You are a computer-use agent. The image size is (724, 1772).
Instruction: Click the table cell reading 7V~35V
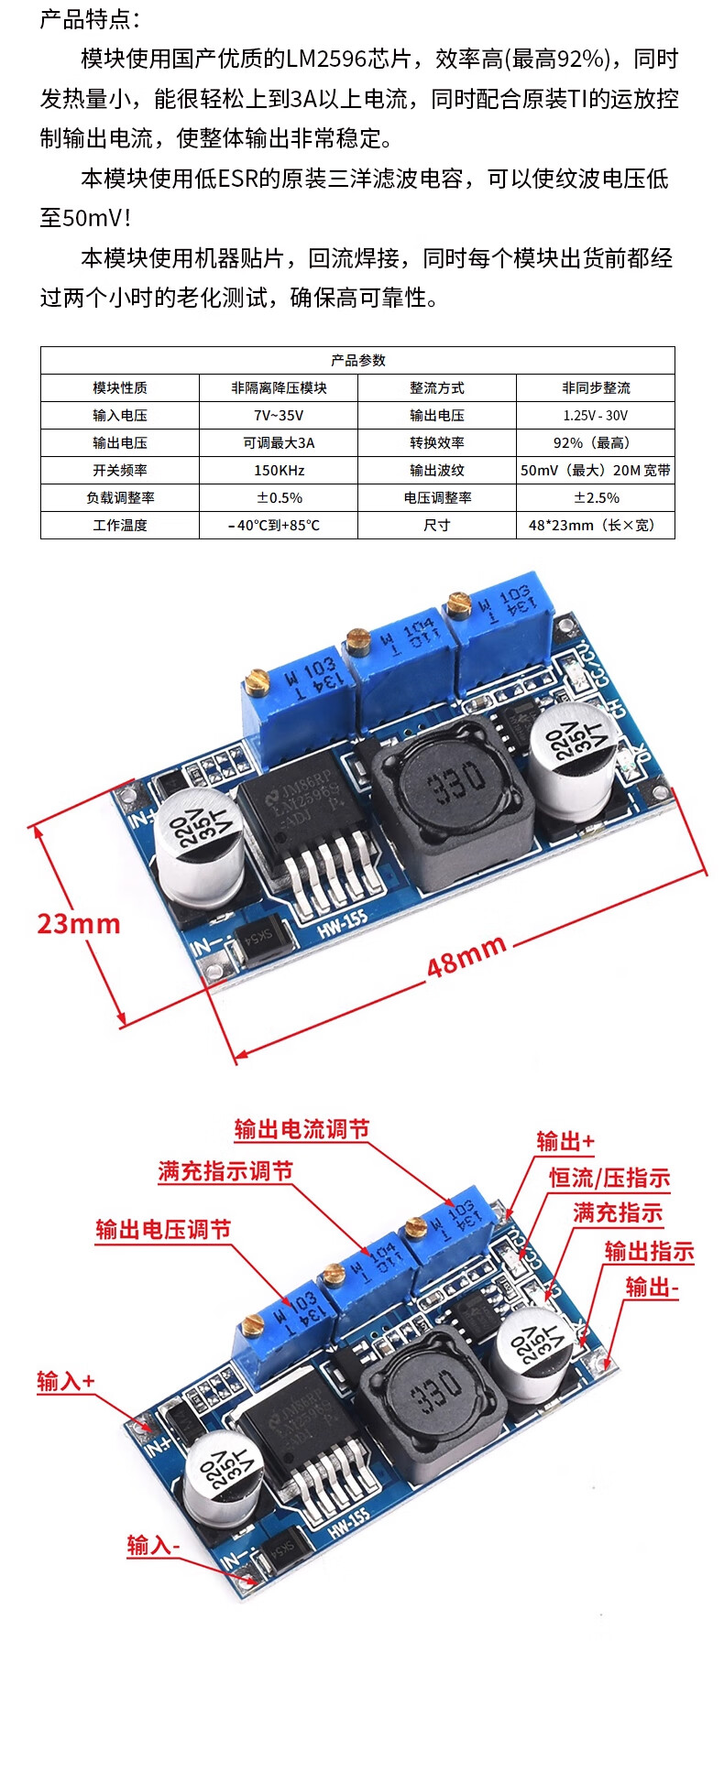[279, 416]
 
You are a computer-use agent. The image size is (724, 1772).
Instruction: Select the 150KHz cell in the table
[279, 471]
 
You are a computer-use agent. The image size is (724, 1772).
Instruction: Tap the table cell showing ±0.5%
[279, 498]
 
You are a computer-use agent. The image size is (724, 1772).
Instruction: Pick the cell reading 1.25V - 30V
[596, 416]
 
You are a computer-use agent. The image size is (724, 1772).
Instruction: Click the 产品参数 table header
[357, 360]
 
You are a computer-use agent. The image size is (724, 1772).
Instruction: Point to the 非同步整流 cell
[596, 388]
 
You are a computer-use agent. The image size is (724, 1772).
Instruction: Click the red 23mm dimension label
[79, 924]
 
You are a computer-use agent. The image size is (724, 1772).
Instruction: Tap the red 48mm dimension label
[466, 955]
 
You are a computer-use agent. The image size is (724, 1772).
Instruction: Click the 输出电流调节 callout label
[302, 1129]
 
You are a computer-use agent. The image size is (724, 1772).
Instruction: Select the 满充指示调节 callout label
[225, 1171]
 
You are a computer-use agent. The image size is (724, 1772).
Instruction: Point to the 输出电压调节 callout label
[163, 1230]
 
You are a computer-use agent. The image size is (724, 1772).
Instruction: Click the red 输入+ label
[66, 1381]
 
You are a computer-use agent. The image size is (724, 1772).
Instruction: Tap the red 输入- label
[153, 1546]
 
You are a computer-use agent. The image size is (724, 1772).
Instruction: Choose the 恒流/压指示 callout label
[609, 1178]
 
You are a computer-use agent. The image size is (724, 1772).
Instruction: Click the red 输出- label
[652, 1288]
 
